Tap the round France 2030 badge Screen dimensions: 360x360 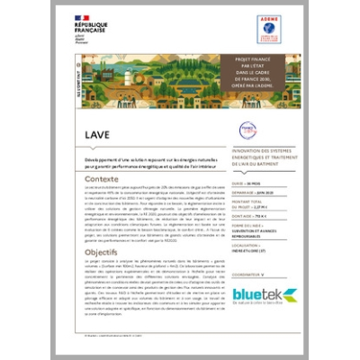(248, 130)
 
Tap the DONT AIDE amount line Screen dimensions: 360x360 (250, 218)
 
